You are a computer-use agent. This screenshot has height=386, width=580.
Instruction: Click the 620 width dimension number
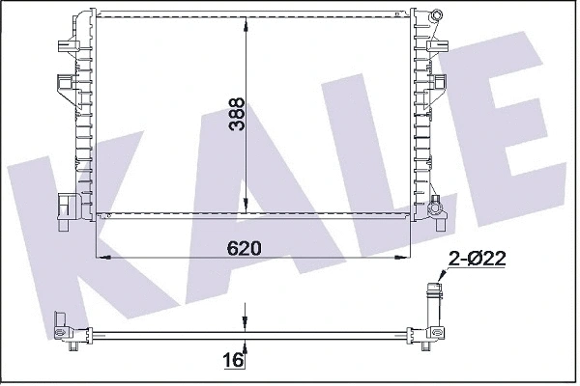245,247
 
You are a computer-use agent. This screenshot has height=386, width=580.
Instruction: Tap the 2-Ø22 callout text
477,258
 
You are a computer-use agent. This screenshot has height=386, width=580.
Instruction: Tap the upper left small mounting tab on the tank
65,45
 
